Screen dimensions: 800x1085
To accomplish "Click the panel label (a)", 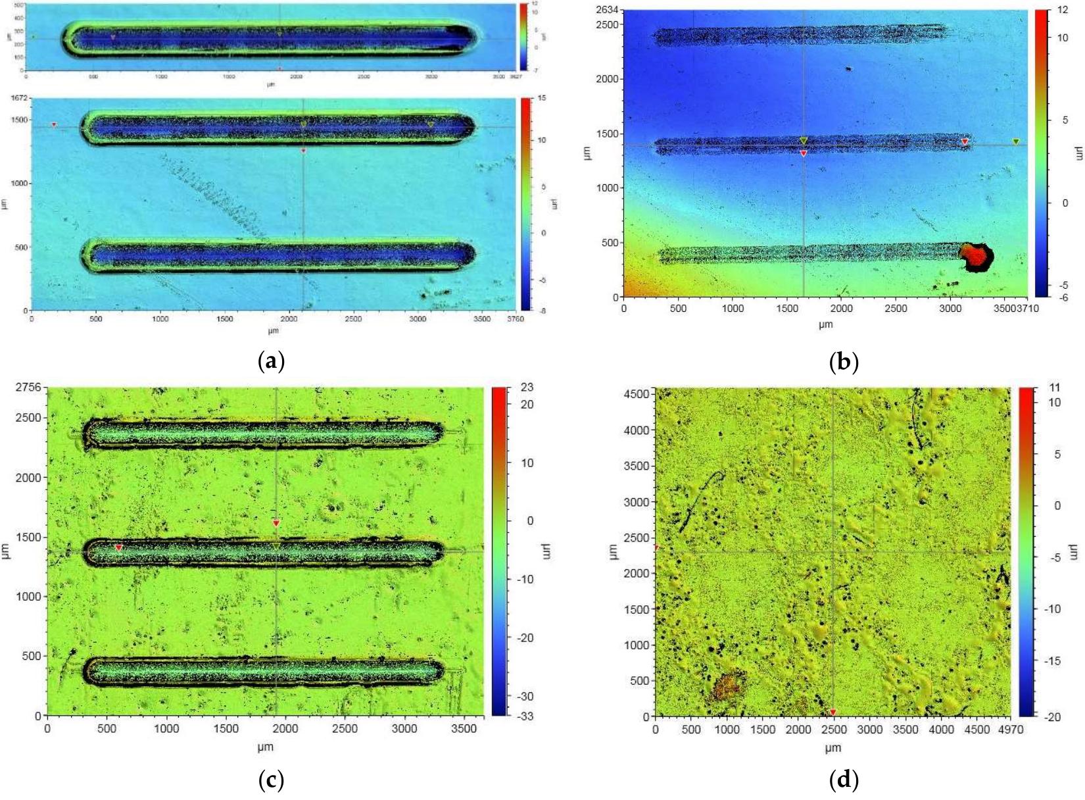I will [272, 361].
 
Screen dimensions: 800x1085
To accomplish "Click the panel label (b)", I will [844, 361].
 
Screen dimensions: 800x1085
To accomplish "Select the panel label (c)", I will [272, 781].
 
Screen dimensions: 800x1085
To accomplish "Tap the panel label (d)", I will [844, 781].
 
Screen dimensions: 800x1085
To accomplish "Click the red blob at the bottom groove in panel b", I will [976, 256].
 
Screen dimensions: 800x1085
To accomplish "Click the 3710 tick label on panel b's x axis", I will [1027, 308].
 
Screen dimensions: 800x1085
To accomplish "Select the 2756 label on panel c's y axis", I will [28, 387].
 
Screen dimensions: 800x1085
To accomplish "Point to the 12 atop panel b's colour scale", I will [1063, 10].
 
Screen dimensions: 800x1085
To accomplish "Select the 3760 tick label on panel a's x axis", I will [515, 319].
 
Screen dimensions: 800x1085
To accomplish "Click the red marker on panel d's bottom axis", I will [833, 712].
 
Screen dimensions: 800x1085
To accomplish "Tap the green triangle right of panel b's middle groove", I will [1016, 141].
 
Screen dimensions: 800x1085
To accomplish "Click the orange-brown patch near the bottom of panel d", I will [727, 686].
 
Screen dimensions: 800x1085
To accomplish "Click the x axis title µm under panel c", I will [265, 747].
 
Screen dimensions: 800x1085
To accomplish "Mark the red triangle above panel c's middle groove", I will [276, 524].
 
